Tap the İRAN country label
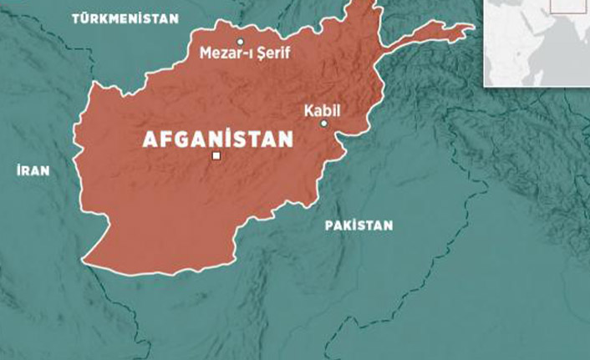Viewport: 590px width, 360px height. click(33, 170)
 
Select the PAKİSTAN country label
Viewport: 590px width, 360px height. click(359, 226)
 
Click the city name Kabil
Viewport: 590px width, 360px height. click(323, 109)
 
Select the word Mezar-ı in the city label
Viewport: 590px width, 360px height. click(220, 54)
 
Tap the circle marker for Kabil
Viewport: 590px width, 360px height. click(324, 124)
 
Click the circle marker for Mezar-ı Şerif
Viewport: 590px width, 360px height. click(240, 41)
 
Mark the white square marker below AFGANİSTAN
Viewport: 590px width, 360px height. click(216, 156)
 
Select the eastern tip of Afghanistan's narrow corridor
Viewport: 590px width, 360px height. click(470, 31)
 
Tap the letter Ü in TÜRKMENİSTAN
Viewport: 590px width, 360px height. click(85, 18)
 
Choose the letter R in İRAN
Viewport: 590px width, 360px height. click(27, 170)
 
